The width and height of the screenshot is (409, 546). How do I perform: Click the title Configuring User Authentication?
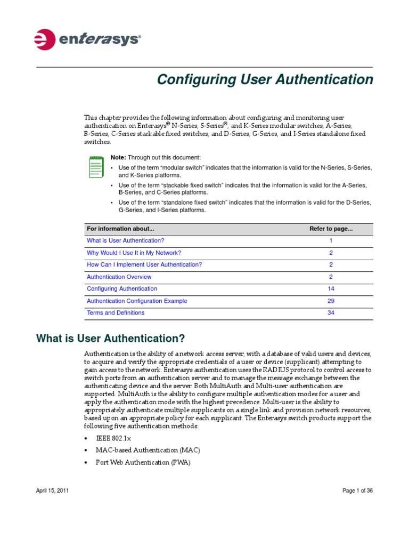[x=265, y=80]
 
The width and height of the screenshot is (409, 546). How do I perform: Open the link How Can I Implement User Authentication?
[x=144, y=265]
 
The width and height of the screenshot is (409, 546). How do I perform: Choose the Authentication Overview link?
[x=119, y=277]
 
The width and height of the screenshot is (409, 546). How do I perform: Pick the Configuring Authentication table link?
[x=122, y=289]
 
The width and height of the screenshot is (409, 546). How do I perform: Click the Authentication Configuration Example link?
[x=137, y=301]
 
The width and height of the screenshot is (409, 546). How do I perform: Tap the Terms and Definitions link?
[x=116, y=313]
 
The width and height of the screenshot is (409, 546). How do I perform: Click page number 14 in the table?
[x=331, y=289]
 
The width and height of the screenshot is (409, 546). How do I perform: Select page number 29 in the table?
[x=331, y=301]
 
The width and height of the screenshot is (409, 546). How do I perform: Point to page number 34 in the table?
[x=331, y=313]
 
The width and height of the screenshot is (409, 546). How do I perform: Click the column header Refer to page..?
[x=331, y=229]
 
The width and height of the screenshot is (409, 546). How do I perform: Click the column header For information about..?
[x=120, y=229]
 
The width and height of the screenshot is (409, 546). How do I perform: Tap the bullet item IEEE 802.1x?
[x=113, y=438]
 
